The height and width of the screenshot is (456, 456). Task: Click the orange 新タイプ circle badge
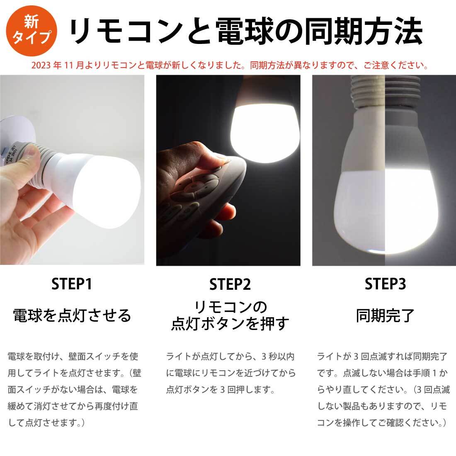(x=32, y=31)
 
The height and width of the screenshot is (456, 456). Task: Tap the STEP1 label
(x=72, y=284)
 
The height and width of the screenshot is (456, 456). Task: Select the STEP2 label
(x=230, y=284)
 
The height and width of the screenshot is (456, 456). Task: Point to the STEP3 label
(x=385, y=284)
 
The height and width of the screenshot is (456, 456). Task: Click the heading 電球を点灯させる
(x=72, y=315)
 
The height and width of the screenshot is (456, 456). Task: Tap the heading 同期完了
(x=385, y=315)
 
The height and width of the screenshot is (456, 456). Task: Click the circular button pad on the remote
(x=194, y=187)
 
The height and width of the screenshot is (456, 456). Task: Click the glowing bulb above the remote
(x=264, y=128)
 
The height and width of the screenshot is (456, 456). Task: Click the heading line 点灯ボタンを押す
(x=230, y=324)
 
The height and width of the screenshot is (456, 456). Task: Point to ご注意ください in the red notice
(x=395, y=65)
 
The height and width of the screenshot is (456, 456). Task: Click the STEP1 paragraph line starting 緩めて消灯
(x=73, y=406)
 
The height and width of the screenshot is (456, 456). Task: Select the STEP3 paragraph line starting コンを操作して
(x=381, y=422)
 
